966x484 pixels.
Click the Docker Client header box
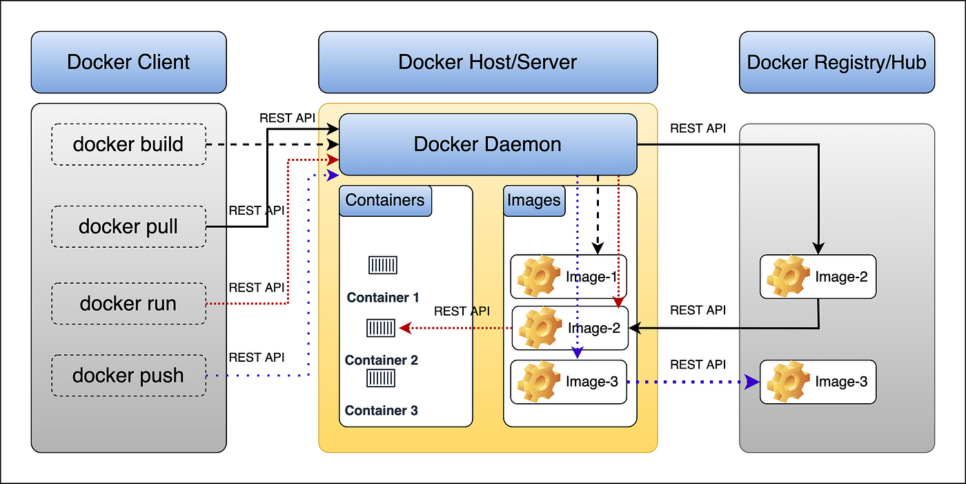click(128, 62)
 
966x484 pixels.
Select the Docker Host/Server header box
click(487, 62)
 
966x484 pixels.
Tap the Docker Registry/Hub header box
click(836, 62)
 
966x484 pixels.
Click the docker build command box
click(128, 144)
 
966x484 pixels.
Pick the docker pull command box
click(128, 226)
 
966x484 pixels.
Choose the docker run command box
click(128, 303)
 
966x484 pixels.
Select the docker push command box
click(128, 376)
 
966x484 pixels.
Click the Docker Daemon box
click(487, 144)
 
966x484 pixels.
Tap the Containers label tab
click(385, 200)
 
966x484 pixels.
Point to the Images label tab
click(534, 200)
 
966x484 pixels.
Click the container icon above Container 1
click(383, 265)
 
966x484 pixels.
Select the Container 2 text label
click(382, 360)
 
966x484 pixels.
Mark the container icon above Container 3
click(382, 378)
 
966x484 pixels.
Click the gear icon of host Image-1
click(537, 277)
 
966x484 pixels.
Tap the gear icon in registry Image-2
click(787, 277)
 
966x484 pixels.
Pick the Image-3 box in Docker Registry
click(818, 382)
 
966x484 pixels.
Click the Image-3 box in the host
click(568, 382)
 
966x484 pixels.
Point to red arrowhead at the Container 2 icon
click(404, 329)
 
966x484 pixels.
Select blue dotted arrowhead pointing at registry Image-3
click(753, 382)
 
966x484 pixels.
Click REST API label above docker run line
click(256, 287)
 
